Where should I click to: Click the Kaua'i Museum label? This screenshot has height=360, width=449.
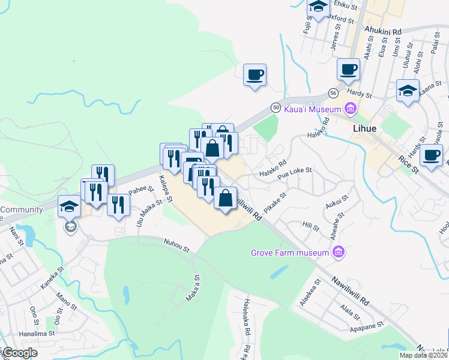pos(311,109)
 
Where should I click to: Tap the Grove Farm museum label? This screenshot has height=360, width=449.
pos(291,252)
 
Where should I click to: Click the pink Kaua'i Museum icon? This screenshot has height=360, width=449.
pos(351,109)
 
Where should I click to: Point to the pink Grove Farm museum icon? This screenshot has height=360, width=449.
pos(339,252)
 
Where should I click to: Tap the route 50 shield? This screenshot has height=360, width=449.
pos(276,107)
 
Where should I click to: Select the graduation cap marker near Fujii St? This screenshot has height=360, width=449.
pos(318,7)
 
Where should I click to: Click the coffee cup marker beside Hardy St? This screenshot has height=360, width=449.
pos(348,68)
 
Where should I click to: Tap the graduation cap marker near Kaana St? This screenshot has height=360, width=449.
pos(408,90)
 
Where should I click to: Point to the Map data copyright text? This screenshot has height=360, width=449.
pos(424,355)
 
